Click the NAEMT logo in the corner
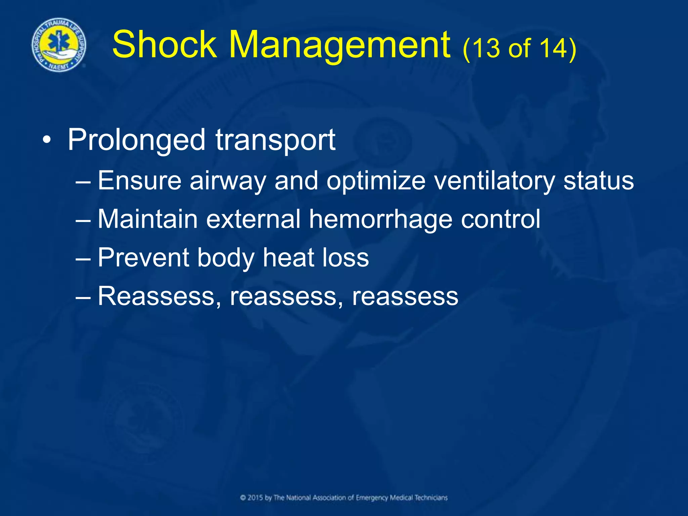[59, 45]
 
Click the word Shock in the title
[165, 45]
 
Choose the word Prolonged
[136, 140]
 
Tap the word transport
[275, 140]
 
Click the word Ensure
[140, 180]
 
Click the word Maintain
[148, 219]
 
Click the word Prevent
[143, 258]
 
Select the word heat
[288, 258]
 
